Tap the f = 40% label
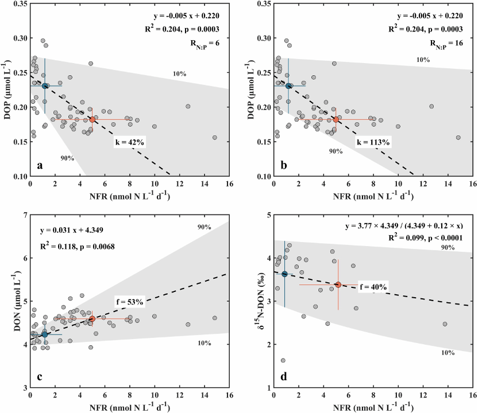373,286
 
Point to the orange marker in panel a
92,119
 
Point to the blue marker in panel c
44,334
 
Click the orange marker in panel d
338,285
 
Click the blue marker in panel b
289,86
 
